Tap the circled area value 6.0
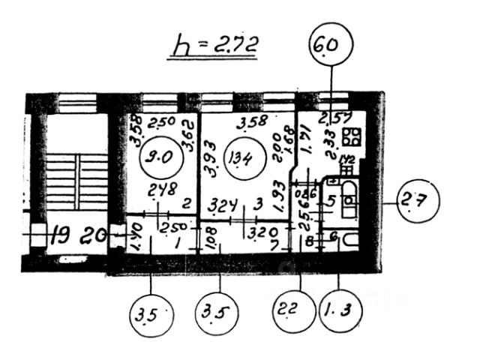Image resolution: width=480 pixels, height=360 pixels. click(329, 46)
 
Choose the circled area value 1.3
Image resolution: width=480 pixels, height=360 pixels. click(339, 309)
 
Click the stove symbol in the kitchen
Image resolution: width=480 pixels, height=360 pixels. click(350, 137)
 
